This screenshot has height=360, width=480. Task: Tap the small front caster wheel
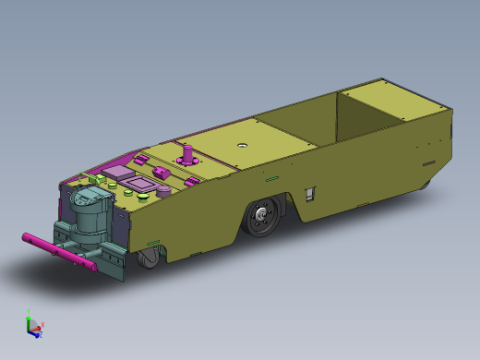(x=148, y=258)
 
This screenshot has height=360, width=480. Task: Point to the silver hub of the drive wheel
(x=263, y=219)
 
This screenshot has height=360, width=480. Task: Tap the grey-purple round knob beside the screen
(x=164, y=191)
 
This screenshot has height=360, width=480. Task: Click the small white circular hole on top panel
(x=243, y=144)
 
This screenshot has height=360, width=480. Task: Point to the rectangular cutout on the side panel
(x=310, y=193)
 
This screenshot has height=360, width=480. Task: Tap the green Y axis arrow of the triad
(x=29, y=317)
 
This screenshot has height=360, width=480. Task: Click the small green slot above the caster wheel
(x=152, y=243)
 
